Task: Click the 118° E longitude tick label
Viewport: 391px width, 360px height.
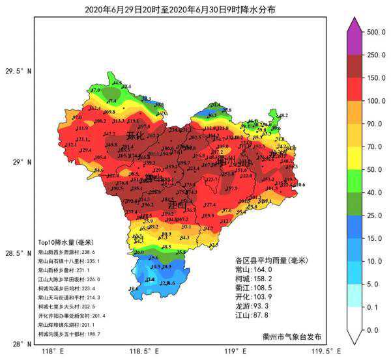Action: [51, 352]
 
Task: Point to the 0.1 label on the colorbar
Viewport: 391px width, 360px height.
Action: [376, 307]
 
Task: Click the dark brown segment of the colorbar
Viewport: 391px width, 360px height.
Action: [354, 66]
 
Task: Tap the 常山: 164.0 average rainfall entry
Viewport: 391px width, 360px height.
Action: [253, 270]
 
